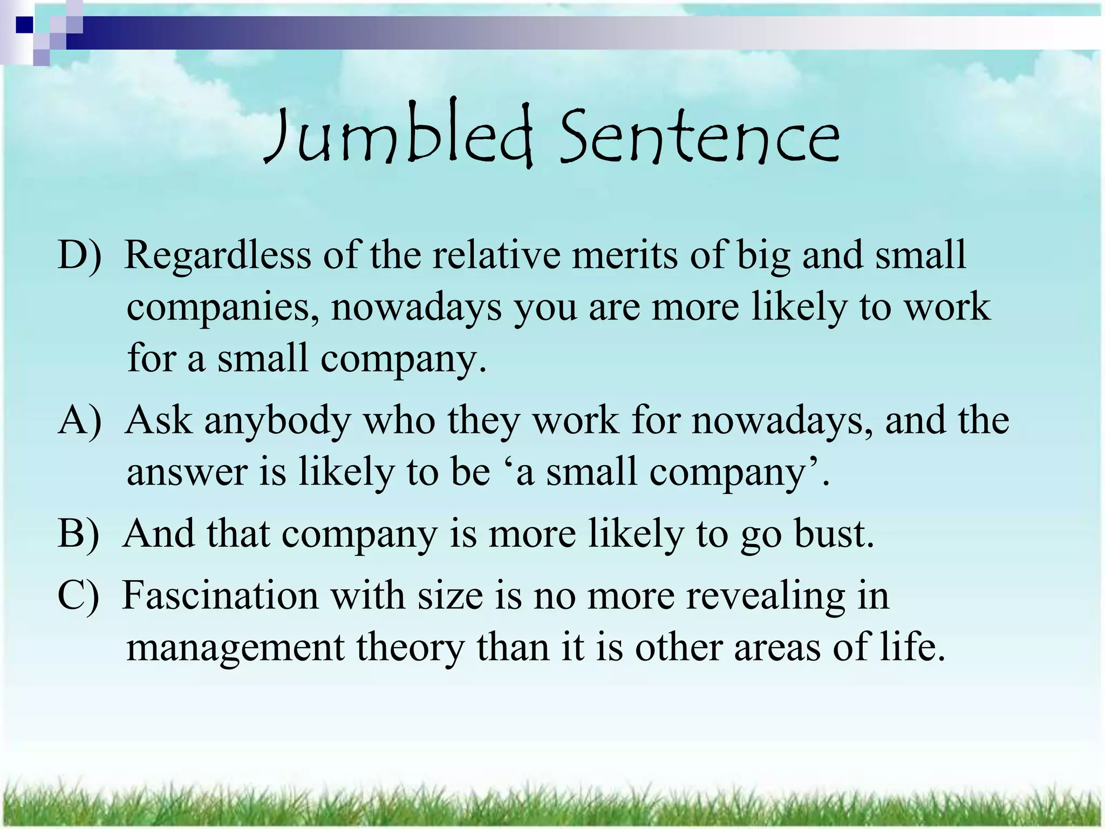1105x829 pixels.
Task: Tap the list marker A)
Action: tap(79, 420)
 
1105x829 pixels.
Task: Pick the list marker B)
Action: tap(79, 534)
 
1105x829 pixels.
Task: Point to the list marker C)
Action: tap(79, 595)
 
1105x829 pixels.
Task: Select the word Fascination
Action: tap(220, 595)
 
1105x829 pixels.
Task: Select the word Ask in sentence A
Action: tap(158, 420)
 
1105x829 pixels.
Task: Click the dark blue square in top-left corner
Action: tap(24, 24)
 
